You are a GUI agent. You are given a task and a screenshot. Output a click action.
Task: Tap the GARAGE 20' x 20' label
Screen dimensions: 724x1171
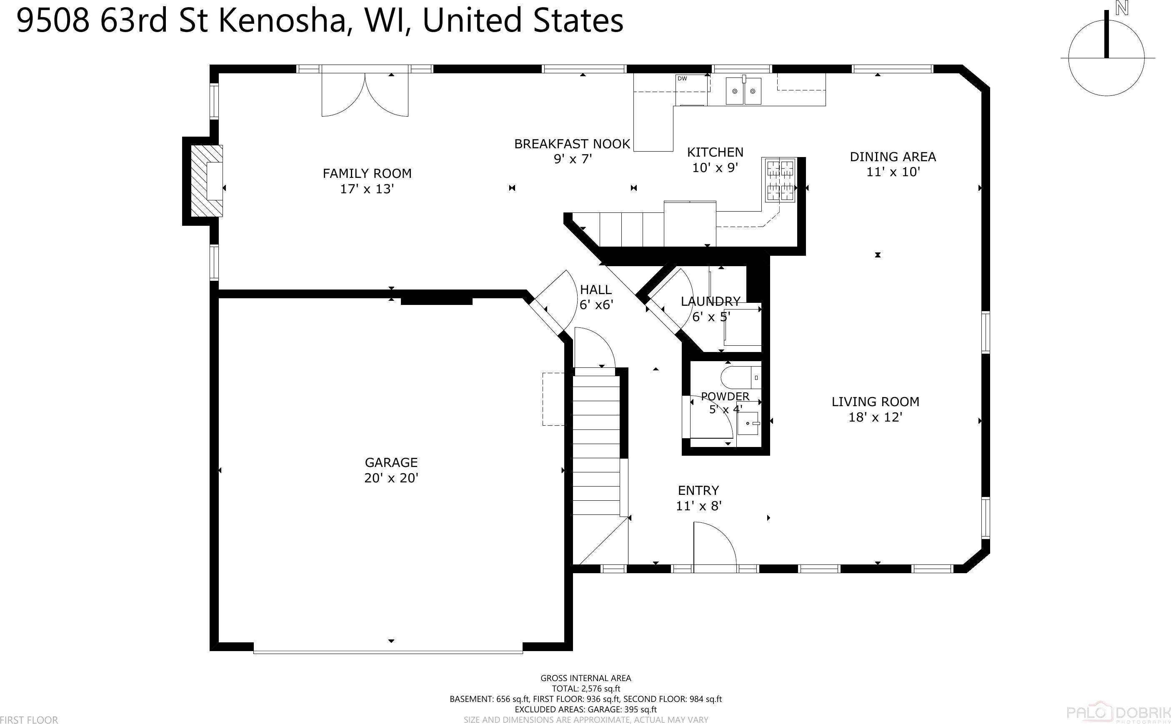point(391,470)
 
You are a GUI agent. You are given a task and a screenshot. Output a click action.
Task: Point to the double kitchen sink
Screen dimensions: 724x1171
point(743,91)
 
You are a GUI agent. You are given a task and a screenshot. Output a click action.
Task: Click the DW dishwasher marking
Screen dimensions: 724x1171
point(682,79)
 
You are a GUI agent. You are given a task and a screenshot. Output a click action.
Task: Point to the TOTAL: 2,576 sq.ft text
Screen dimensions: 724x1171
point(586,689)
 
